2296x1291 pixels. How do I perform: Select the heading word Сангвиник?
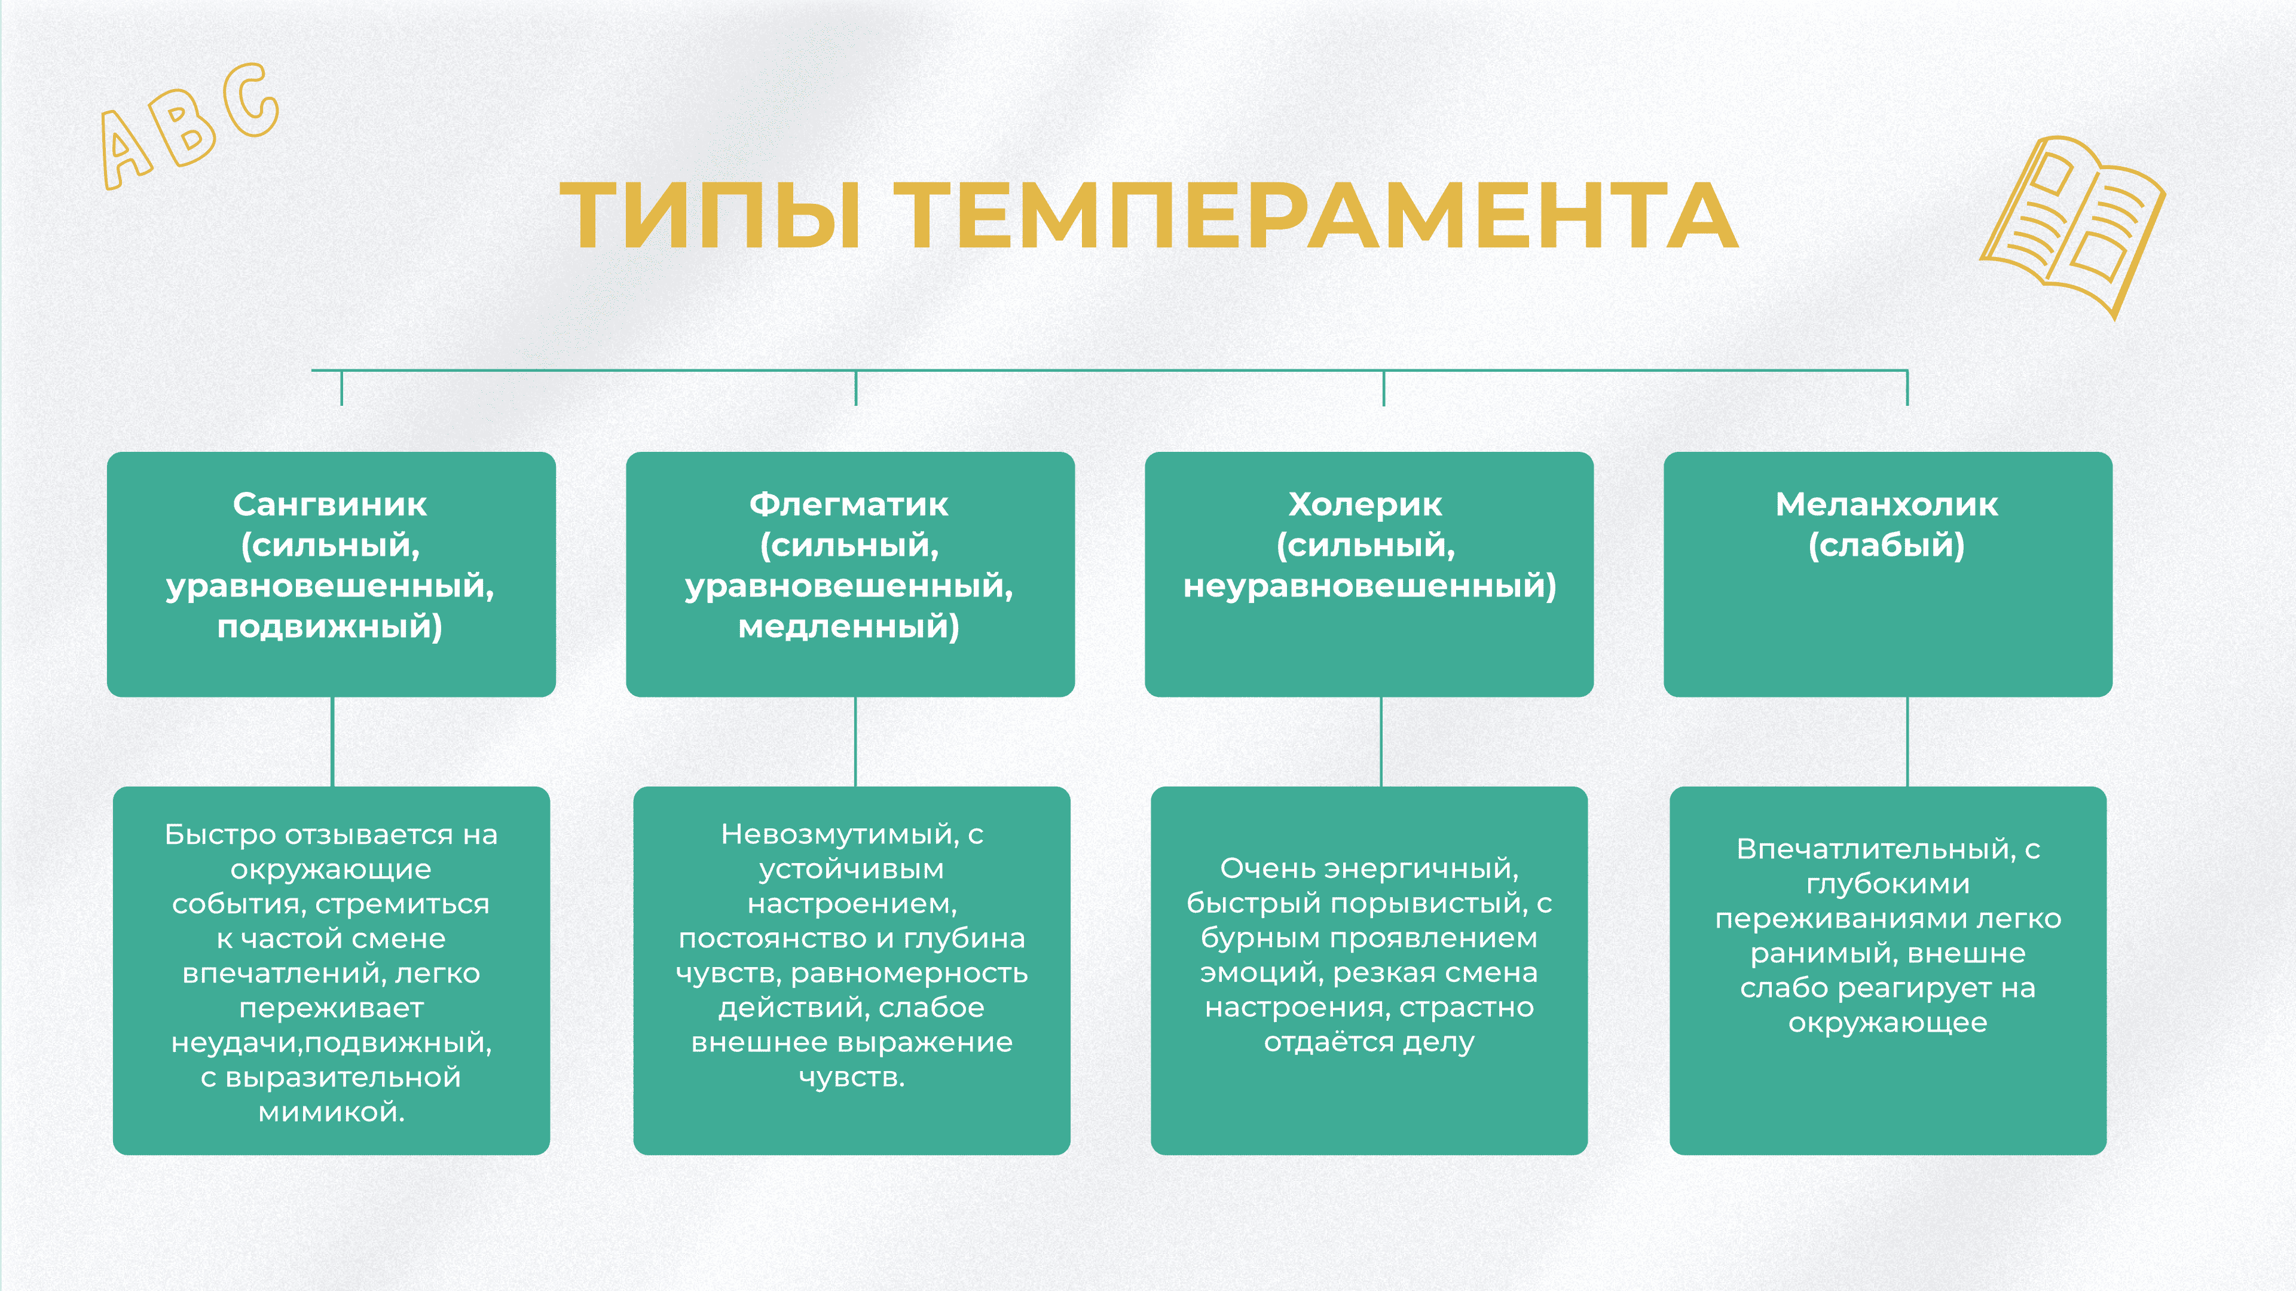330,504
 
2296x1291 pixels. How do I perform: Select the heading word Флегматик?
849,504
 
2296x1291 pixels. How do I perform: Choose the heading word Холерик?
1365,504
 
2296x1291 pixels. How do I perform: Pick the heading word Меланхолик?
1886,504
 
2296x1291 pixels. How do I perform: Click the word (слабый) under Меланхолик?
1886,545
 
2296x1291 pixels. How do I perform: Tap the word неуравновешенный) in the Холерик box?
1369,586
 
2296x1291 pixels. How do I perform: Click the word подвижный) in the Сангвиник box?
330,626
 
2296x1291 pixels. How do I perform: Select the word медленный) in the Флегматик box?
849,626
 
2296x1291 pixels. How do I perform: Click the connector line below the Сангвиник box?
332,741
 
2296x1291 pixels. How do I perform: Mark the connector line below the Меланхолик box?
1907,741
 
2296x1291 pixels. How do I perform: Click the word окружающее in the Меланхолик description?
1887,1023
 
